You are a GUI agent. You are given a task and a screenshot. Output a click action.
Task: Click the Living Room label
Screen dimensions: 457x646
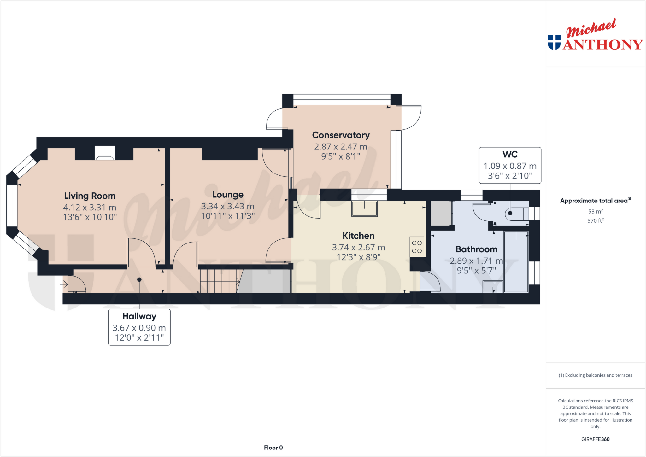[90, 196]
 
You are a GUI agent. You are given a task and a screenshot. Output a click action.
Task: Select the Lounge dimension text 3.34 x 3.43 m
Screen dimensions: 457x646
[227, 206]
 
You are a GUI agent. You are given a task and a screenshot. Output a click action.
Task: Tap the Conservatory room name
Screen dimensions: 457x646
[341, 135]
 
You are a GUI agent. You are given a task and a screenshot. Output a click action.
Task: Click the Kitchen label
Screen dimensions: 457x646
[358, 236]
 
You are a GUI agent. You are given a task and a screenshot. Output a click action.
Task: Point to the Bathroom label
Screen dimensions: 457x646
[476, 249]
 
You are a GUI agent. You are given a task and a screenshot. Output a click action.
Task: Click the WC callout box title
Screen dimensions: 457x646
[510, 154]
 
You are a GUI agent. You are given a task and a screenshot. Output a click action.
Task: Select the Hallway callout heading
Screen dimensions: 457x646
[139, 316]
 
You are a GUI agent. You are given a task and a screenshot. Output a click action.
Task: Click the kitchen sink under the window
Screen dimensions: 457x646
[364, 208]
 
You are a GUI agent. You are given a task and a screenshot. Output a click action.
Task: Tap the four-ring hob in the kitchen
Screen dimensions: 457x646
[417, 247]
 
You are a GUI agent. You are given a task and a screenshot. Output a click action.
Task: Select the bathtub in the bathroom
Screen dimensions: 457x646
[516, 262]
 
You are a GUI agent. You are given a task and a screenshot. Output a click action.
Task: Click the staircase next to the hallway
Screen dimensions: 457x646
[218, 281]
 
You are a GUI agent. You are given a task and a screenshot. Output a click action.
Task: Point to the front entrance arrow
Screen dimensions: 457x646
[64, 284]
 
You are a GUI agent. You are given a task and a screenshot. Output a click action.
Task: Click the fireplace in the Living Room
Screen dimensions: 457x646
[105, 153]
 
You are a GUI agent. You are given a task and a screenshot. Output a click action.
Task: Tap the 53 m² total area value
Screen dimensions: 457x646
[595, 211]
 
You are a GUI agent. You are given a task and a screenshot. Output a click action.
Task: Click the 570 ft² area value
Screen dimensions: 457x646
[595, 220]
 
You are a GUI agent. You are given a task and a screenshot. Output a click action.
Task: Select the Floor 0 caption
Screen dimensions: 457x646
[273, 448]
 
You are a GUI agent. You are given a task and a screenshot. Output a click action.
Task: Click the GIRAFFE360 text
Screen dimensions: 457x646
[595, 439]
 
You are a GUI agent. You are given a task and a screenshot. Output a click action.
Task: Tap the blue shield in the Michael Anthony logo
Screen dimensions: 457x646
[554, 42]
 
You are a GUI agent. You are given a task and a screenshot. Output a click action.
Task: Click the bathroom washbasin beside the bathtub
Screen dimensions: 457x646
[492, 287]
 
